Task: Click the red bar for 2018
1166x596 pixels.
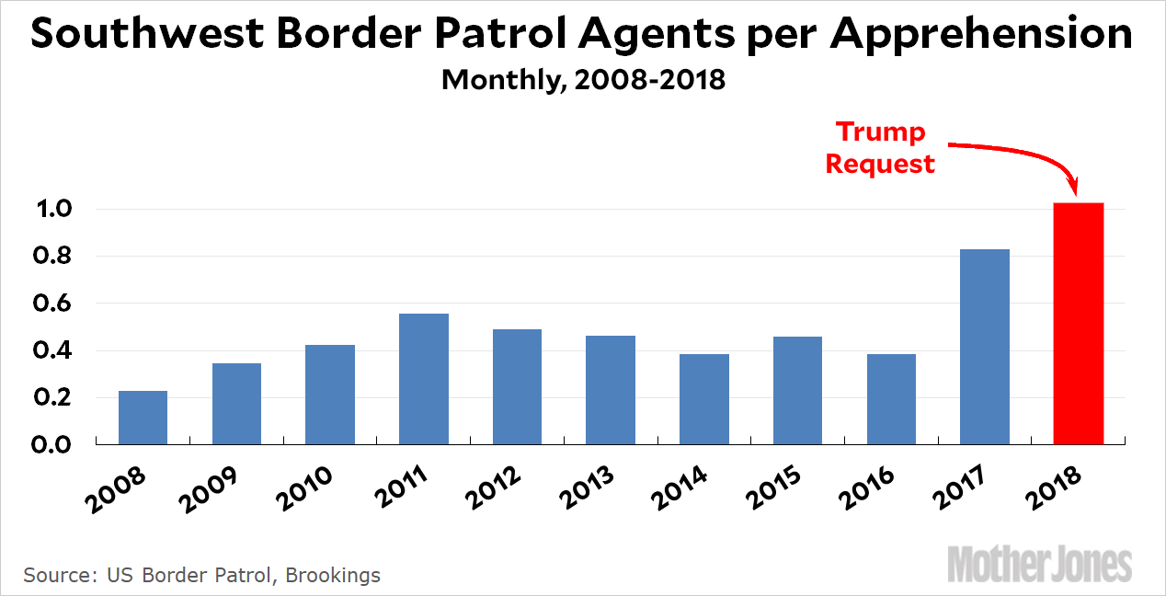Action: [x=1078, y=324]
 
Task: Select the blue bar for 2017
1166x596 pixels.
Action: [x=984, y=347]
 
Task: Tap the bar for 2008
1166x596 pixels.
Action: [x=143, y=418]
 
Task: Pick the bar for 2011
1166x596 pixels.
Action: [x=423, y=379]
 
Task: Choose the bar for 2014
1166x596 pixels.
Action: [x=703, y=399]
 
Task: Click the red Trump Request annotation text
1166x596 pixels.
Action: [x=879, y=148]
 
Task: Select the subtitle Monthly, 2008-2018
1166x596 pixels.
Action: [x=583, y=79]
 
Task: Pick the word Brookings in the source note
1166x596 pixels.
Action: [x=332, y=576]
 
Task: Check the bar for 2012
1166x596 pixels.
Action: [x=517, y=386]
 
